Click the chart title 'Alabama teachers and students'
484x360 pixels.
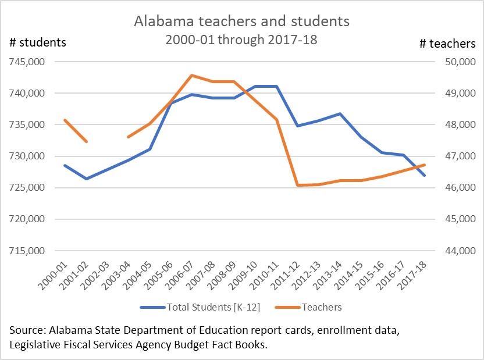241,22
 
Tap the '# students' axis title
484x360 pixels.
38,42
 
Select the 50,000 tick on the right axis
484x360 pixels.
460,62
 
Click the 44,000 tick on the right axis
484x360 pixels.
460,251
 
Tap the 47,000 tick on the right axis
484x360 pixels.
460,156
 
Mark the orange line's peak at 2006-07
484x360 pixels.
191,75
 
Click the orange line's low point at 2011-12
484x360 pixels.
297,185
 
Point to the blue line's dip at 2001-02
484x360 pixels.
86,179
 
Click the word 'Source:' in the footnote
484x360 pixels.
29,330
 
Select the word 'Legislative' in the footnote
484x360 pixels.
35,344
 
